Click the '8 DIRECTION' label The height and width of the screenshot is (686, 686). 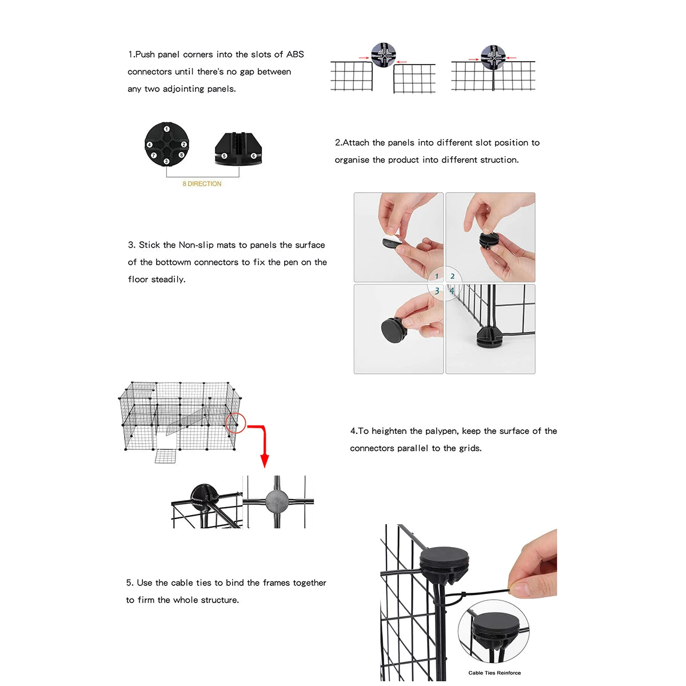pyautogui.click(x=202, y=184)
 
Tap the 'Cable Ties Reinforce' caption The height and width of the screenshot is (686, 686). pyautogui.click(x=494, y=673)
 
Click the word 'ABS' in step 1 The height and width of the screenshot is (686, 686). pyautogui.click(x=295, y=54)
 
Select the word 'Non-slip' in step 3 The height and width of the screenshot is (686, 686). pyautogui.click(x=196, y=245)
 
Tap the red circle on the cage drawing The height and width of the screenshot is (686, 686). pyautogui.click(x=235, y=423)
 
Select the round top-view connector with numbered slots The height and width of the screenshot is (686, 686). pyautogui.click(x=166, y=144)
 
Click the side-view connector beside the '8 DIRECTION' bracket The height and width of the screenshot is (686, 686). pyautogui.click(x=238, y=149)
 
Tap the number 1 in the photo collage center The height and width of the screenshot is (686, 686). pyautogui.click(x=437, y=276)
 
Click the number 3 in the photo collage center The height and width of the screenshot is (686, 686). pyautogui.click(x=437, y=291)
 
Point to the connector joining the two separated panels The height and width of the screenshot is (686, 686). pyautogui.click(x=383, y=55)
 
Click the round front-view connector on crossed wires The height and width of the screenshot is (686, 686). pyautogui.click(x=277, y=501)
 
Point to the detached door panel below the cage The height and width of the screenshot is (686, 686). pyautogui.click(x=165, y=456)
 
